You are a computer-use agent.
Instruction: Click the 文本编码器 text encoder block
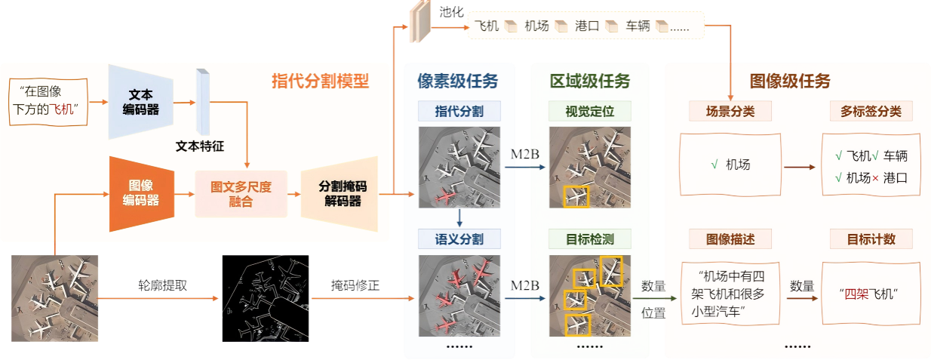click(x=140, y=102)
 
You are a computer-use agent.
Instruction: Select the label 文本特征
click(x=199, y=146)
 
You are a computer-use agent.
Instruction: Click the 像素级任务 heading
click(x=458, y=81)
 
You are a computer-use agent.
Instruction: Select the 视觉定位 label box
click(x=589, y=112)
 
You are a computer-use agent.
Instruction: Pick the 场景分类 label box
click(x=731, y=112)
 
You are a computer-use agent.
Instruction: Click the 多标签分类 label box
click(x=871, y=112)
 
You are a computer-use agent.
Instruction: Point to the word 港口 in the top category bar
click(x=586, y=26)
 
